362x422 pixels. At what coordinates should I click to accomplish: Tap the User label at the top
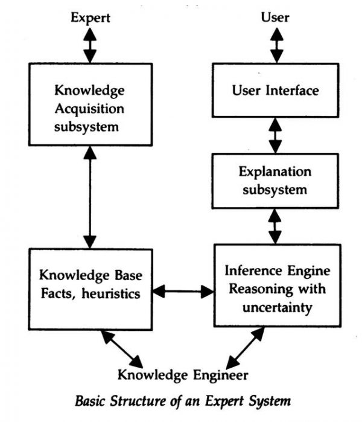tap(275, 17)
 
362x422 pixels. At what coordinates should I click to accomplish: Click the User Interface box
tap(275, 91)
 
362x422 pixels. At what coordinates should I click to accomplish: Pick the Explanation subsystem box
tap(275, 181)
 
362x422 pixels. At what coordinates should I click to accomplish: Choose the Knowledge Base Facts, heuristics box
tap(91, 285)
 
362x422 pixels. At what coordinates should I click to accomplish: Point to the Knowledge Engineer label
tap(182, 375)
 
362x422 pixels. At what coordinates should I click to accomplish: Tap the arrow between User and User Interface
tap(276, 44)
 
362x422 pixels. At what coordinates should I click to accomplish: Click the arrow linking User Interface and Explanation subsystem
tap(276, 135)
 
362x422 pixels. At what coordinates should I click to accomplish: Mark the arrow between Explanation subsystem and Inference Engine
tap(276, 226)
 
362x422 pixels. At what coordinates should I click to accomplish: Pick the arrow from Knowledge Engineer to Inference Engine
tap(244, 348)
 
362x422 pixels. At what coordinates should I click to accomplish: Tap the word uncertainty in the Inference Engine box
tap(275, 308)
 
